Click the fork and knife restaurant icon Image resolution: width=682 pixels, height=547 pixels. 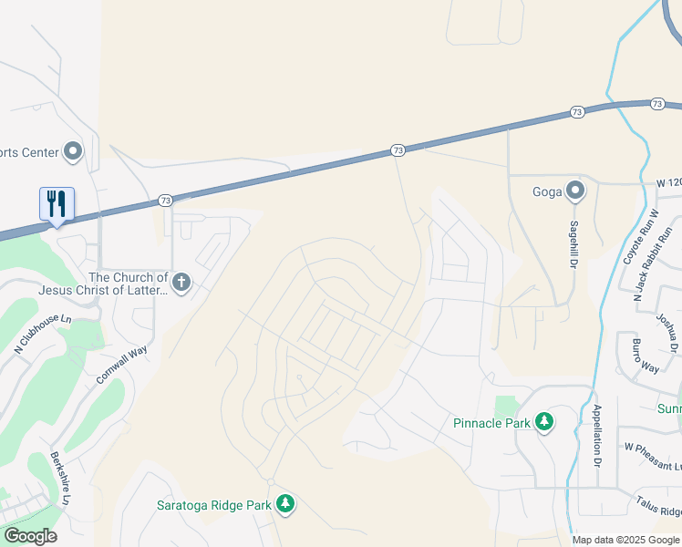click(x=57, y=203)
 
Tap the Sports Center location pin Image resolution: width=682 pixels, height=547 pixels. click(x=74, y=152)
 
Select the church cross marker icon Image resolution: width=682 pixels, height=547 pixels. click(x=181, y=283)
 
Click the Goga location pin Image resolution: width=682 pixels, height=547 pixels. click(x=575, y=191)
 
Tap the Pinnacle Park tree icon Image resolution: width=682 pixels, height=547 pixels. click(x=543, y=422)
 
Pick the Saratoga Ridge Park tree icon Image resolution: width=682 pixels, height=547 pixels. click(x=285, y=504)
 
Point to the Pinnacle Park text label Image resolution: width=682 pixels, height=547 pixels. click(x=491, y=423)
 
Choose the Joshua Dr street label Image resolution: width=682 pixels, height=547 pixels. click(x=667, y=334)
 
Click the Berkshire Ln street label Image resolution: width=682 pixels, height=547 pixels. click(x=60, y=478)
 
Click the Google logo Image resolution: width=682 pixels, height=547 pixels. click(x=29, y=536)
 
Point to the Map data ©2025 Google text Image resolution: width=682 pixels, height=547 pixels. click(x=625, y=540)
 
